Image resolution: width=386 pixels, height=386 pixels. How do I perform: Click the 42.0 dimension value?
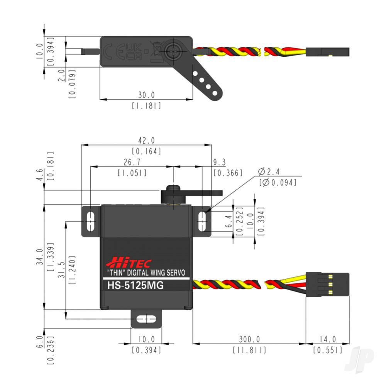pos(146,141)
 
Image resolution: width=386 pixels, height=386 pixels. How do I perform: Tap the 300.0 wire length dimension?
pos(249,339)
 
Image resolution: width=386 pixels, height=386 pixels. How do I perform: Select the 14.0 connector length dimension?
pos(328,339)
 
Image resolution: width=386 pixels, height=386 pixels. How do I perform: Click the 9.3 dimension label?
pos(218,163)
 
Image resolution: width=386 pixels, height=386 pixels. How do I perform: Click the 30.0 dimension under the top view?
pos(146,95)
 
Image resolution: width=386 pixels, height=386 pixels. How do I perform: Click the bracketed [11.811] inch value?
pos(249,350)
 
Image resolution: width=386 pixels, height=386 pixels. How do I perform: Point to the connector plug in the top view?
pos(328,51)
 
